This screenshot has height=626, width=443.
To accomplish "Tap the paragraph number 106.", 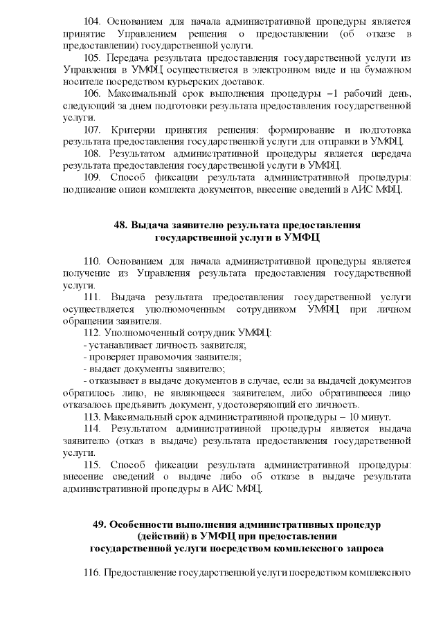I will pos(93,92).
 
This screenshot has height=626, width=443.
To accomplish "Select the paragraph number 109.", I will pos(93,176).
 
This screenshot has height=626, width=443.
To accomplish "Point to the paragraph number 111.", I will pos(93,297).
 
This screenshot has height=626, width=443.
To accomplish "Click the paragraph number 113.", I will pos(93,416).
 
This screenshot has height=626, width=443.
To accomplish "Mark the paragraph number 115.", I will pos(93,464).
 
